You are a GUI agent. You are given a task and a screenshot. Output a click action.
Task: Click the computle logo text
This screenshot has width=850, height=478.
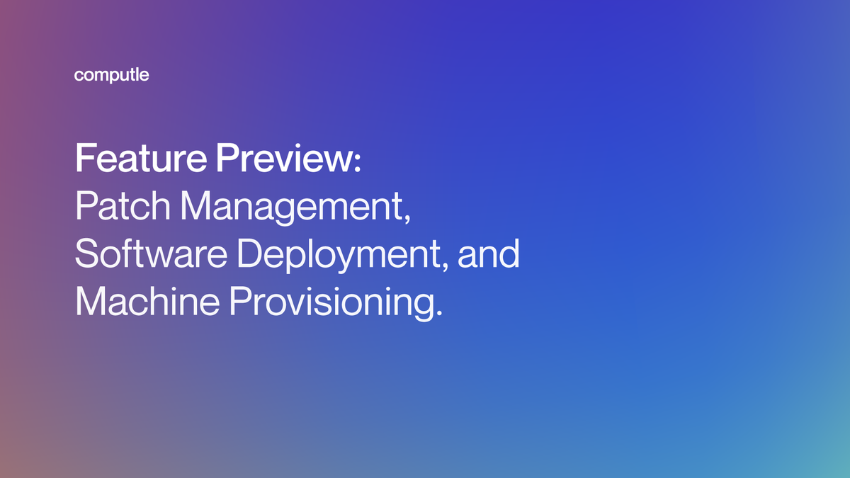pyautogui.click(x=111, y=76)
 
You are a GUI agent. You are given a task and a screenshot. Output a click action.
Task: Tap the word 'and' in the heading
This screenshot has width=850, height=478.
pyautogui.click(x=489, y=254)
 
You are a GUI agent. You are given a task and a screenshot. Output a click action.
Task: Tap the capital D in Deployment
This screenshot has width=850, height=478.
pyautogui.click(x=256, y=254)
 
